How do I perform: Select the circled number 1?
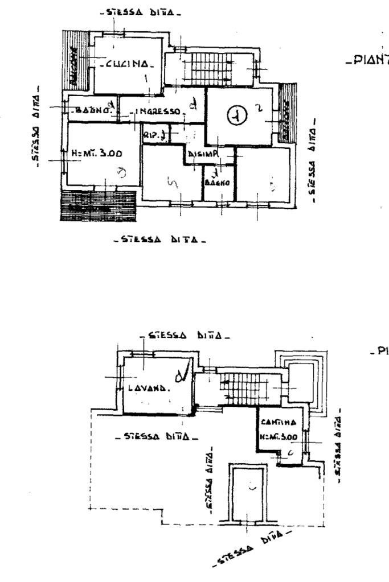click(236, 117)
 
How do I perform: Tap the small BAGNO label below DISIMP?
click(217, 183)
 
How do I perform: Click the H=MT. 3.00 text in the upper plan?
click(97, 154)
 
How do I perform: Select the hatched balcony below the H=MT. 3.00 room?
click(98, 206)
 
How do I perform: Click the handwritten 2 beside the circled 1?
click(257, 108)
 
